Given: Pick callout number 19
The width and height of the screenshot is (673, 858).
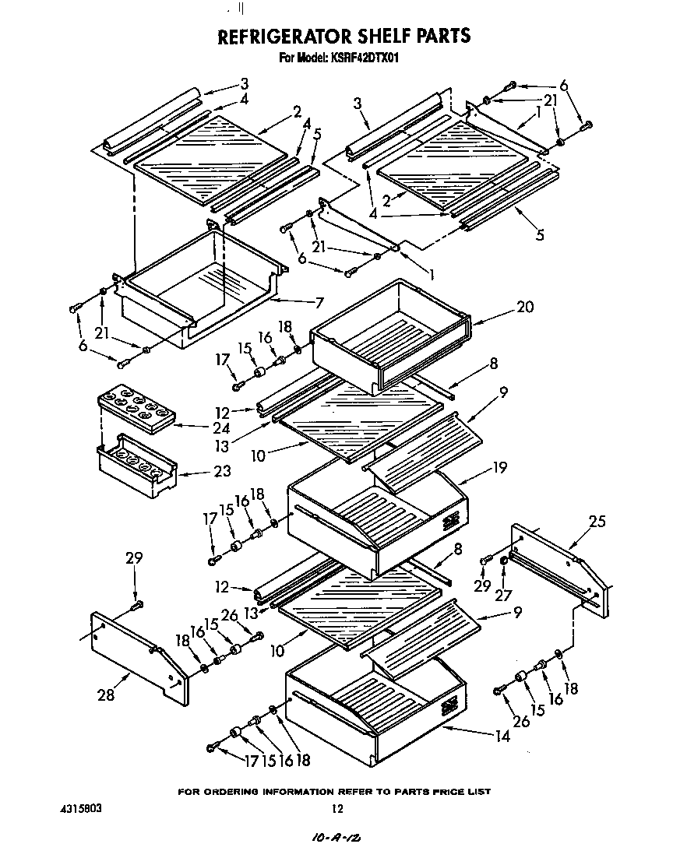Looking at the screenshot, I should pyautogui.click(x=499, y=467).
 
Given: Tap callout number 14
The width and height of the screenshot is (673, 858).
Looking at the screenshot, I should pyautogui.click(x=502, y=735).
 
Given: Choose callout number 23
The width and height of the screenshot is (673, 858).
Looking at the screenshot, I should pyautogui.click(x=200, y=470).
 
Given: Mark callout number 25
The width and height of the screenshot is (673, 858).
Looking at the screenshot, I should pyautogui.click(x=597, y=522).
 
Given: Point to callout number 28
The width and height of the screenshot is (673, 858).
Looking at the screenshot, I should pyautogui.click(x=105, y=694).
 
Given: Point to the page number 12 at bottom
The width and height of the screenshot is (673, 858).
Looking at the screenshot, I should pyautogui.click(x=337, y=809).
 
